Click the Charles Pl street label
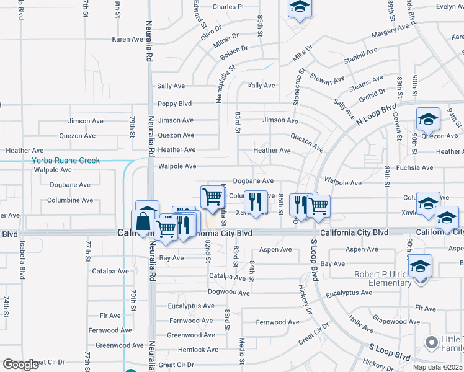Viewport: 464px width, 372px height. coord(228,7)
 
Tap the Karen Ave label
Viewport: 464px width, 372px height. coord(128,39)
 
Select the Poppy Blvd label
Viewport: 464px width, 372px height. coord(174,104)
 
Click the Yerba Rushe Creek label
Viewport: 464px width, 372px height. coord(66,161)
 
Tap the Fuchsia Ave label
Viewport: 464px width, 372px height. coord(415,167)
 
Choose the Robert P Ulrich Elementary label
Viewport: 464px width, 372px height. coord(383,278)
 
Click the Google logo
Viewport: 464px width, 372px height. coord(20,365)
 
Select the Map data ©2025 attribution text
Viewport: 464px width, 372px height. coord(437,366)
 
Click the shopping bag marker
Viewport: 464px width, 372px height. coord(142,221)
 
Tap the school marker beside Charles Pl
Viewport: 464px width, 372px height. coord(300,7)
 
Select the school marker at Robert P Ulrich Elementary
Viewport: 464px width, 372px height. coord(421,266)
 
